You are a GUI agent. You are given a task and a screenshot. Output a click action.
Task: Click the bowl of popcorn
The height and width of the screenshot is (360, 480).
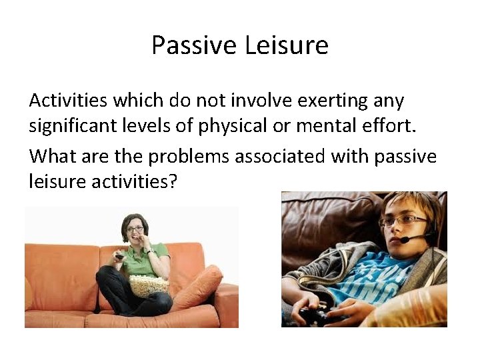pos(149,286)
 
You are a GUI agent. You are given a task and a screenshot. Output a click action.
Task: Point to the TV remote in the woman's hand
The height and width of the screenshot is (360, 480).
pos(120,255)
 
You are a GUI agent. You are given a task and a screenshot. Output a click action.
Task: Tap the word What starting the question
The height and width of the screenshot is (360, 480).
pos(51,157)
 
